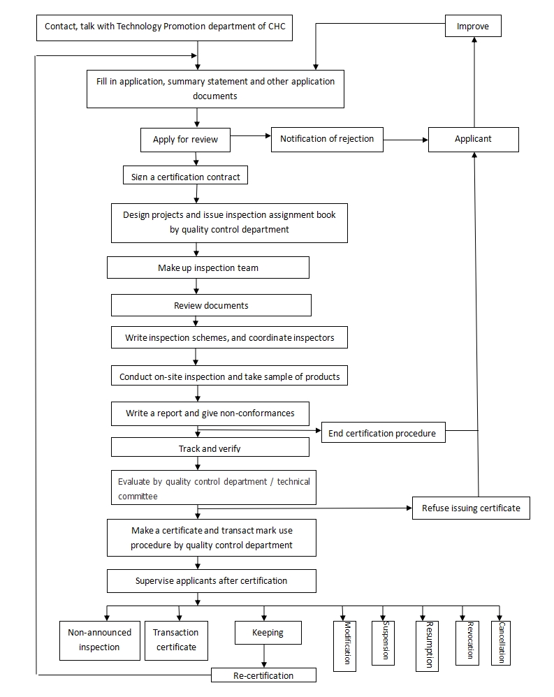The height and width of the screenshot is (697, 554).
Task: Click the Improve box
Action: [473, 26]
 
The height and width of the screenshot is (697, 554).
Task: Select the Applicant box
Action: [474, 140]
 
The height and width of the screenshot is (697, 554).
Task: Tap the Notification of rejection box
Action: [327, 140]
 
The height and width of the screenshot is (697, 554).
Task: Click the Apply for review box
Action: [185, 140]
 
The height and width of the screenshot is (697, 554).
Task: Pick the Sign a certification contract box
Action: [185, 175]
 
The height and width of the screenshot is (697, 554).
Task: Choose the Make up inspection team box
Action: [208, 267]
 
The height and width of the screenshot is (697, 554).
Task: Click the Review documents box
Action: [211, 305]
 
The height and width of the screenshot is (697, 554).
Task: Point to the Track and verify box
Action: [210, 447]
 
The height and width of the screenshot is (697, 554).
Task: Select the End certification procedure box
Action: [384, 432]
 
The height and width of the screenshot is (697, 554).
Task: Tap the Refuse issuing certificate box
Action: [471, 508]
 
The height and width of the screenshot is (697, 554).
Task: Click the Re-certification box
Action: [263, 675]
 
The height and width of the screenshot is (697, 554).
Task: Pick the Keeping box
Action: [268, 633]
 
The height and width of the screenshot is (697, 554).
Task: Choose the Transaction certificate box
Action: [176, 640]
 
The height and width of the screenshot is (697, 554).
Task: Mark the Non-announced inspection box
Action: [100, 640]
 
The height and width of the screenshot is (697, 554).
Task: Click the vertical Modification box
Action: [344, 646]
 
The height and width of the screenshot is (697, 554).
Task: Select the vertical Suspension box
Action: [383, 643]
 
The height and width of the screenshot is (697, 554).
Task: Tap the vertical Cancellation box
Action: [501, 643]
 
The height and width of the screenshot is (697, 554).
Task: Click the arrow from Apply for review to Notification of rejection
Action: [251, 135]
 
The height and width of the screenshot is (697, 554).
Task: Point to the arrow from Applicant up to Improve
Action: [474, 82]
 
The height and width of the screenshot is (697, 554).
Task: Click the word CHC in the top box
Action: [277, 27]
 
